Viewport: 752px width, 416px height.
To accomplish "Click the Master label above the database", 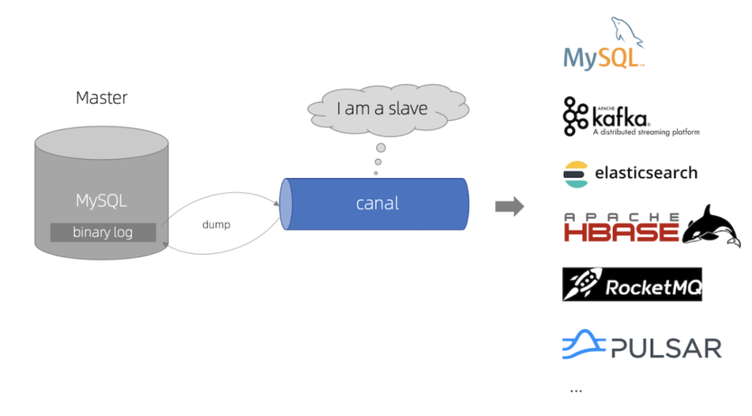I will coord(102,98).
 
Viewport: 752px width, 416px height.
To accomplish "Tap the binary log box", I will coord(102,232).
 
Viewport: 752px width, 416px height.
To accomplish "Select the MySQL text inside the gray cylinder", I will coord(102,201).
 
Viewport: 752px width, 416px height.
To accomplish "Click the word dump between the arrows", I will coord(216,225).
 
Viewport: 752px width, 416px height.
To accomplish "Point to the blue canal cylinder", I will coord(376,204).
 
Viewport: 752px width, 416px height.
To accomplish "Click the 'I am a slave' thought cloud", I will coord(388,109).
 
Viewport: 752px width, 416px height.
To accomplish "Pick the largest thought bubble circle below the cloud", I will coord(381,148).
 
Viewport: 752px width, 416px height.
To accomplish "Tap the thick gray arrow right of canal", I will coord(509,206).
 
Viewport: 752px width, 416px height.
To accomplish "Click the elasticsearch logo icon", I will coord(575,174).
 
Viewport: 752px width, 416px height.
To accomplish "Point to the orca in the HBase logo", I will coord(711,226).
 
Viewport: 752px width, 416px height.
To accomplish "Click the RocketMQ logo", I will coord(632,284).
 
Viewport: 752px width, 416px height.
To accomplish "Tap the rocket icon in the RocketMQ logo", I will coord(582,284).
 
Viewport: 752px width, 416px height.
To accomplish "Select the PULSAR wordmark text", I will coord(665,348).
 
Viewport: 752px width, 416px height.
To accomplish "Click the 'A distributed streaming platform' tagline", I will coord(645,132).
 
